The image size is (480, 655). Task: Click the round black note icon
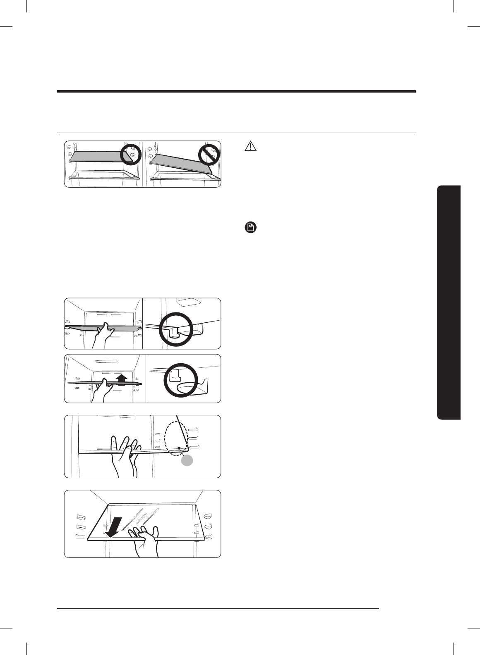click(x=251, y=227)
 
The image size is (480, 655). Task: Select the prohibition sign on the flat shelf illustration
click(x=131, y=155)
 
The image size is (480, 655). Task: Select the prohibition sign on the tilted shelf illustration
click(x=209, y=155)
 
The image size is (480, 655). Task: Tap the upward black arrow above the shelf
click(x=121, y=379)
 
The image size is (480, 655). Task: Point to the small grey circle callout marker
click(x=187, y=460)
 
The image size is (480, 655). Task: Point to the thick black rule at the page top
click(x=236, y=91)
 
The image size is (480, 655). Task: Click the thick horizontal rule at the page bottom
click(x=218, y=608)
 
